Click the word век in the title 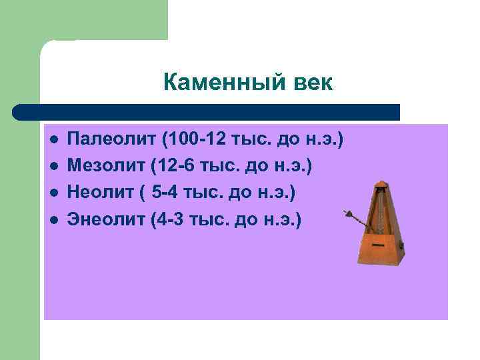(311, 83)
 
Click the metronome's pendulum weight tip (347, 214)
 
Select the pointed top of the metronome (381, 182)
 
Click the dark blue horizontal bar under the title (207, 111)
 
